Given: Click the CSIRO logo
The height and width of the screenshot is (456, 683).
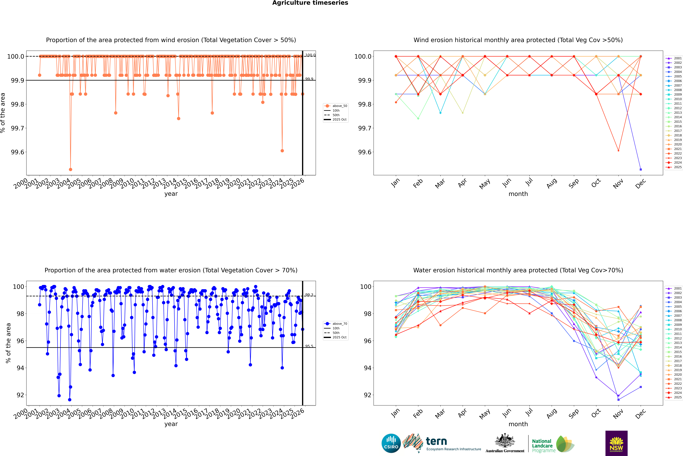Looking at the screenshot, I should click(391, 443).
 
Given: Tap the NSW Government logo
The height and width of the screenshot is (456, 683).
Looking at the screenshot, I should click(616, 443).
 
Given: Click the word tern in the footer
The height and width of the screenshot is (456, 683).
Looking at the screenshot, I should click(436, 441).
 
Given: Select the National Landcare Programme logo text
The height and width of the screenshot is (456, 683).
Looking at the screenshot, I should click(542, 446).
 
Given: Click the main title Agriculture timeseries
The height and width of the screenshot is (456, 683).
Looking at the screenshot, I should click(310, 3).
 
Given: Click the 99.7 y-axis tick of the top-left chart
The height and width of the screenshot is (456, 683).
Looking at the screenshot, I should click(17, 128).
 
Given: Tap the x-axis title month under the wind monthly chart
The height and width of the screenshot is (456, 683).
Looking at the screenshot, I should click(518, 194).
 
